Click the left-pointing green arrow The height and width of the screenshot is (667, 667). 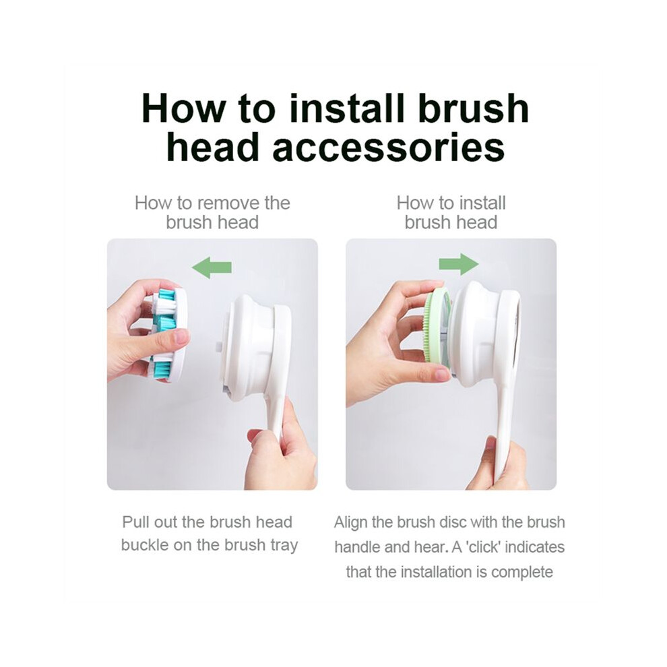click(212, 267)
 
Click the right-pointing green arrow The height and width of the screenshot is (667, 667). click(459, 264)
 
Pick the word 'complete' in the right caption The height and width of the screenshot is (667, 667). click(522, 573)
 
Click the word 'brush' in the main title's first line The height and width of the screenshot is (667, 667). click(473, 108)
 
